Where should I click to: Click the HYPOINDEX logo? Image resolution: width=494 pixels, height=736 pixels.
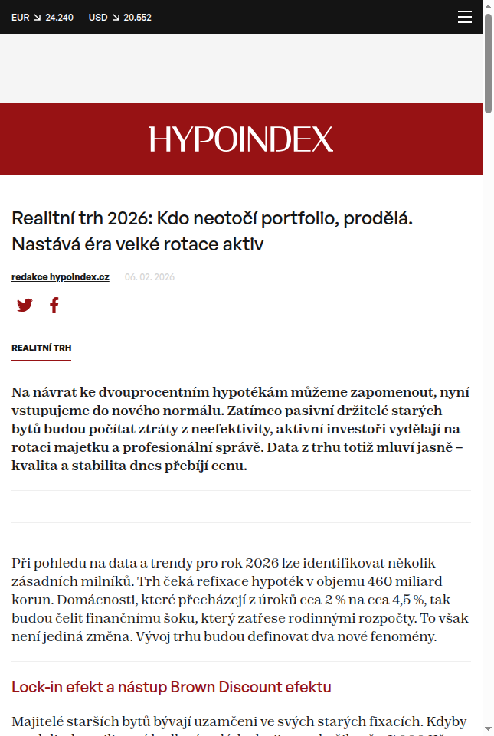click(241, 139)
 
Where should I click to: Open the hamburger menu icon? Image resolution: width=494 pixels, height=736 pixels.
click(465, 17)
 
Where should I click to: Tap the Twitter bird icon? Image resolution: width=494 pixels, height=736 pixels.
click(25, 306)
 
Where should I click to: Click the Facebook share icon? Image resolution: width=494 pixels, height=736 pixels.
click(54, 306)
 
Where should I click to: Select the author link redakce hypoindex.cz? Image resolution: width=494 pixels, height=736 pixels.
click(61, 277)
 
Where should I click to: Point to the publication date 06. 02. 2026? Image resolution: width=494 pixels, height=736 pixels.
click(149, 277)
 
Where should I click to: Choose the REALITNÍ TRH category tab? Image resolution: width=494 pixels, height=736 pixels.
click(41, 348)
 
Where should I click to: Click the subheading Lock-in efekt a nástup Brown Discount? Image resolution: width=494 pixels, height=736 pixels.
click(172, 687)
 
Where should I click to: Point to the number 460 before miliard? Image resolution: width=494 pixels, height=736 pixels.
click(367, 581)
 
